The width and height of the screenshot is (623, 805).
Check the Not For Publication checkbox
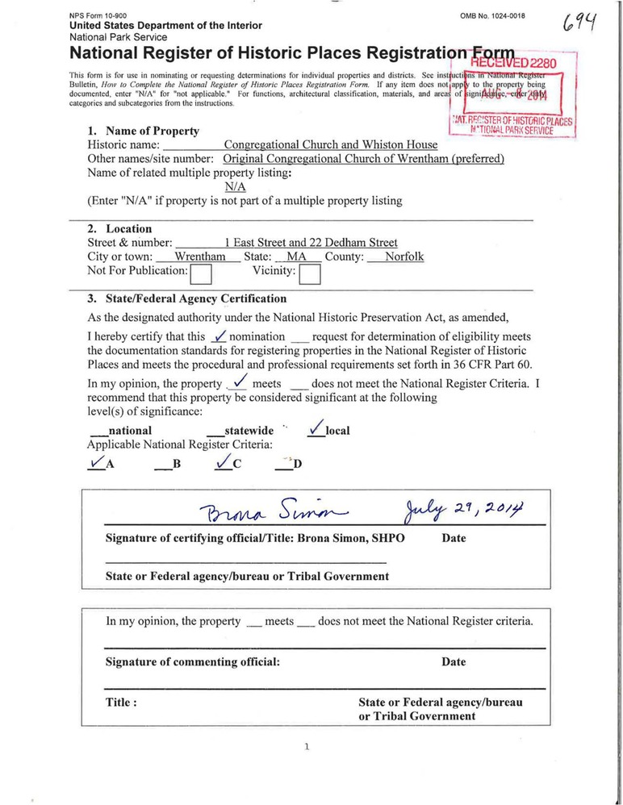(200, 275)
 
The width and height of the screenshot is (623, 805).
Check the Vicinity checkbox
(309, 275)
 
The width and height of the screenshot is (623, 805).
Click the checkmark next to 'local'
(317, 429)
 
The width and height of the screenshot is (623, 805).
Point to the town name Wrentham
(200, 257)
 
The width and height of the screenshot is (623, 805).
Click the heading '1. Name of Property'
(143, 131)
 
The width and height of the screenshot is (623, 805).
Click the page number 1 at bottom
(307, 747)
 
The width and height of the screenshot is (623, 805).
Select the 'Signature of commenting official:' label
(193, 661)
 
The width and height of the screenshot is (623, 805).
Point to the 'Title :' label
(121, 702)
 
